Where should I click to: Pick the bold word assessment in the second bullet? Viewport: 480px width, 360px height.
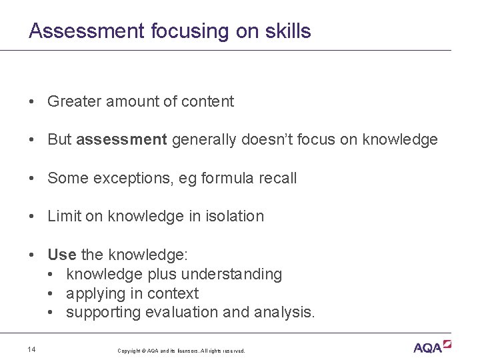pos(121,139)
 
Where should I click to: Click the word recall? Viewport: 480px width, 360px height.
pos(275,178)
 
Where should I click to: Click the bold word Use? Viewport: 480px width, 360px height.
pos(61,255)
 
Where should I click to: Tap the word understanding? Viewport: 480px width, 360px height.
pos(231,274)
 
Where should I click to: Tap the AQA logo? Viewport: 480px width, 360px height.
pos(433,347)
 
